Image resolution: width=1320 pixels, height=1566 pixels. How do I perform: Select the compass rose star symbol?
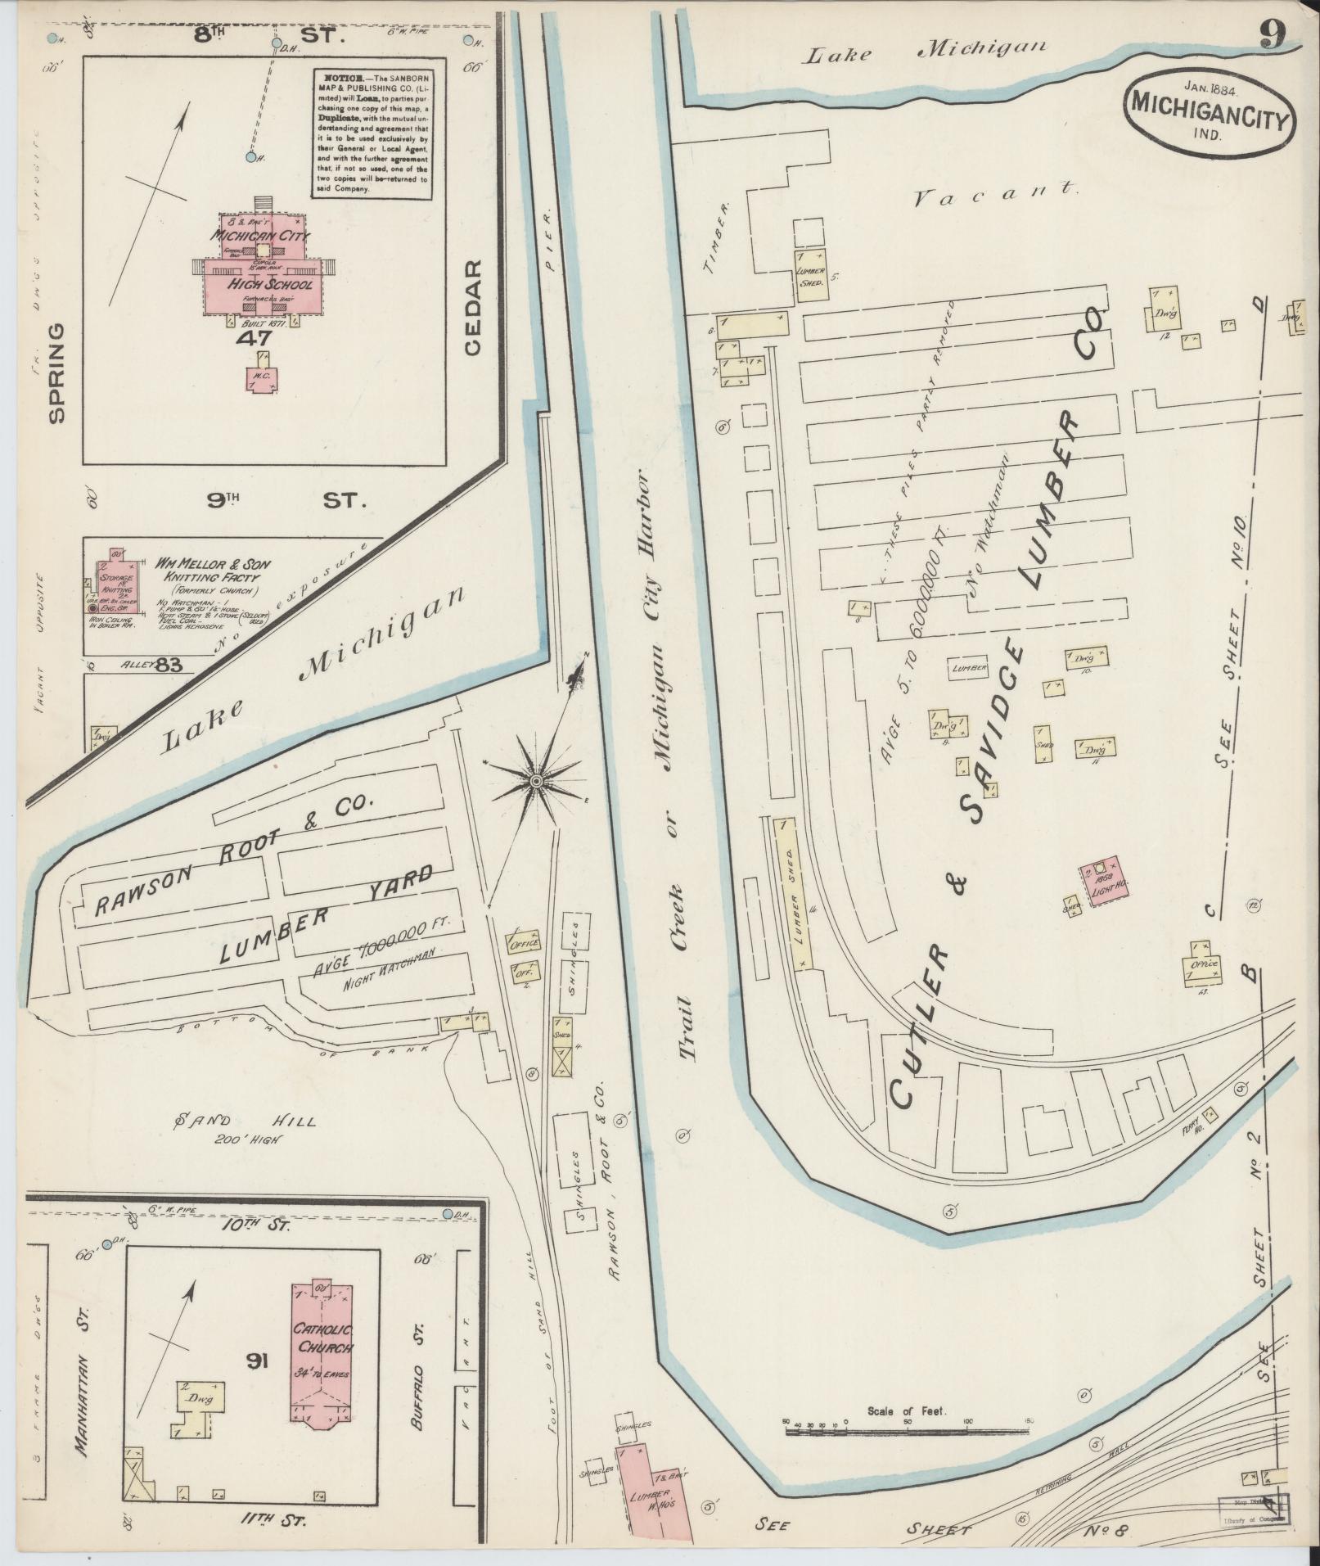(534, 783)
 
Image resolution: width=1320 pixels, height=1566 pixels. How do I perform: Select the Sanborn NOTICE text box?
(371, 131)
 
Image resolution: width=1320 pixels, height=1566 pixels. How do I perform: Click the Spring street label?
(56, 372)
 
